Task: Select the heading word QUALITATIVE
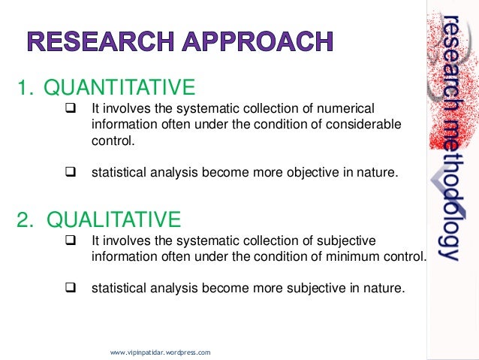pyautogui.click(x=113, y=219)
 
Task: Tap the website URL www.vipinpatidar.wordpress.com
pyautogui.click(x=160, y=352)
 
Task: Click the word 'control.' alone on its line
pyautogui.click(x=111, y=140)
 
